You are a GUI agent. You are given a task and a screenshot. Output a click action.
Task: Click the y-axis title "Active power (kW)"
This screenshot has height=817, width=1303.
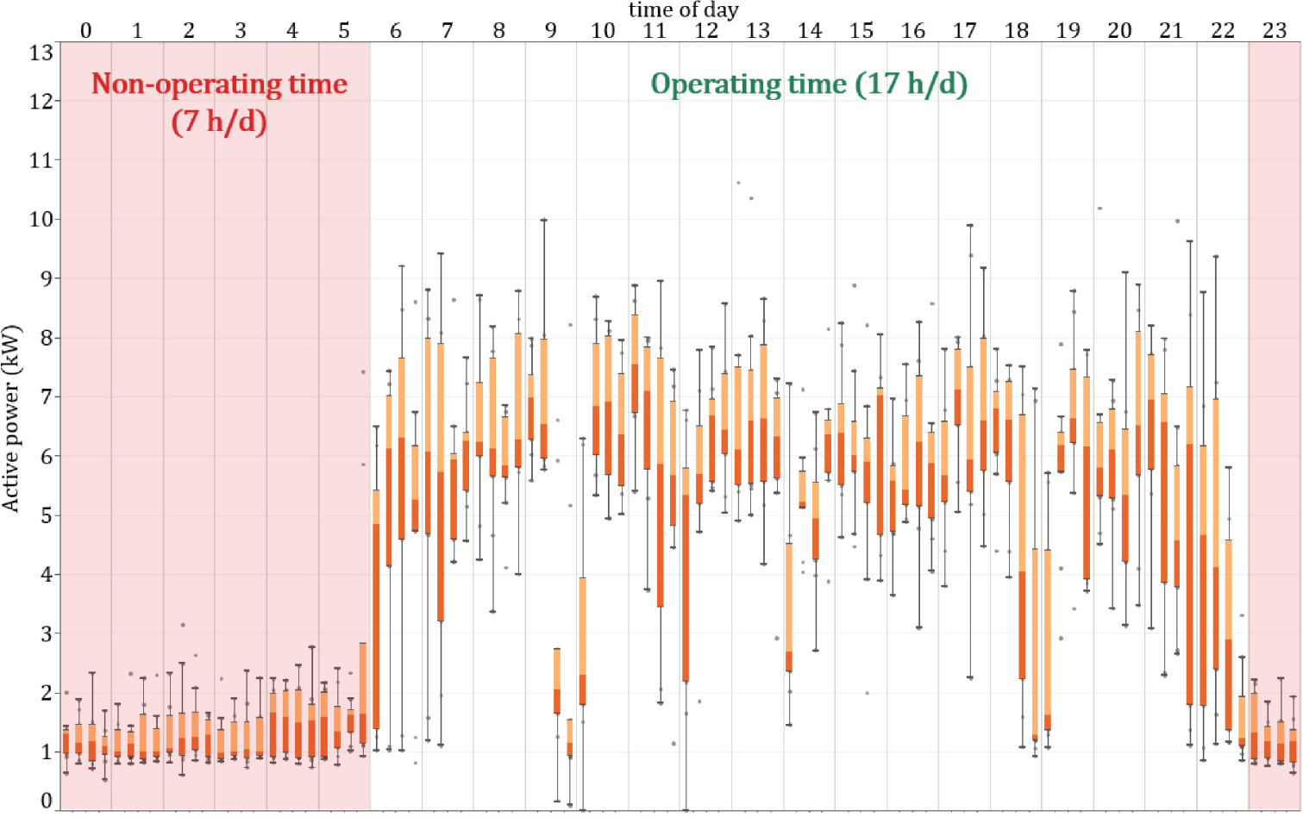coord(11,419)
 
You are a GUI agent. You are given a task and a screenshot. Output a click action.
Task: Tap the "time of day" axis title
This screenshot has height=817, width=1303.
coord(683,10)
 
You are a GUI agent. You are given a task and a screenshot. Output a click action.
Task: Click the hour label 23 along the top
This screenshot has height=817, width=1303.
coord(1275,30)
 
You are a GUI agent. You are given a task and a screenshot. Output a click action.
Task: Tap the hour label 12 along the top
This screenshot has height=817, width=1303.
coord(706,30)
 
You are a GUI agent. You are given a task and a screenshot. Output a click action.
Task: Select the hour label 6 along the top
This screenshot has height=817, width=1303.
coord(396,30)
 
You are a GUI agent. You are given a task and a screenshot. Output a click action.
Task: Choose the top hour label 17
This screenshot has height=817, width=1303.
coord(964,30)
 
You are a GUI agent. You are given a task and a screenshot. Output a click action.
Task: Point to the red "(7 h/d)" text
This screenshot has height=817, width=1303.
coord(219,121)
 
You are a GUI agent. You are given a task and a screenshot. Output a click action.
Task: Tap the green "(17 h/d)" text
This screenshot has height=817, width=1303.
coord(911,84)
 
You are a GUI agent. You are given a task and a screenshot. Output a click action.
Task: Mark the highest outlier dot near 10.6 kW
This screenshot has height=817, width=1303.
coord(738,183)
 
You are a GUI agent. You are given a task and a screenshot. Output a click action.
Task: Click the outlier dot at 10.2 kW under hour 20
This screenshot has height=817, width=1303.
coord(1099,208)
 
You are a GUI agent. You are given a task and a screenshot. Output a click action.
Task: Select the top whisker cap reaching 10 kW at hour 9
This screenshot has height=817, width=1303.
coord(543,220)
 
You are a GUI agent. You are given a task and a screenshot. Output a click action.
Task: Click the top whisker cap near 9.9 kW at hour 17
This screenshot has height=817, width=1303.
coord(970,226)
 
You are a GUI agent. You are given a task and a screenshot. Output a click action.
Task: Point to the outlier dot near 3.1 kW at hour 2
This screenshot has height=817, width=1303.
coord(183,625)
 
